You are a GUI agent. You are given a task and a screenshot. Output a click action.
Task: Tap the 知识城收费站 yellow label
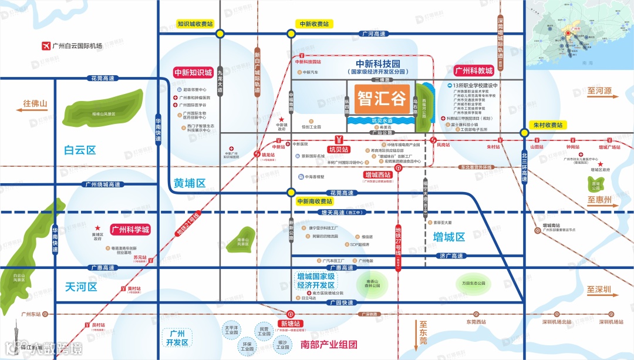pyautogui.click(x=195, y=24)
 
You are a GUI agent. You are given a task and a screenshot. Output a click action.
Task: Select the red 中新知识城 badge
pyautogui.click(x=193, y=73)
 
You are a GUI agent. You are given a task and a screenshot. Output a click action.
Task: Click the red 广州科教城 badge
pyautogui.click(x=474, y=71)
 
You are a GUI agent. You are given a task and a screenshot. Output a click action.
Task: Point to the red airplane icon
pyautogui.click(x=45, y=46)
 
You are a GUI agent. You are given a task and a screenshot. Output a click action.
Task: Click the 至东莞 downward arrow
pyautogui.click(x=422, y=331)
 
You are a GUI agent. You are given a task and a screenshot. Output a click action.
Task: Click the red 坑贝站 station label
pyautogui.click(x=339, y=149)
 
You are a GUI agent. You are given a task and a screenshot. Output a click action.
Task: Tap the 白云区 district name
pyautogui.click(x=80, y=150)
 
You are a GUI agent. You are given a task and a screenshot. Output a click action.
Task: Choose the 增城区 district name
pyautogui.click(x=449, y=237)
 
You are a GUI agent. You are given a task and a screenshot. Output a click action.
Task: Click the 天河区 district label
pyautogui.click(x=80, y=287)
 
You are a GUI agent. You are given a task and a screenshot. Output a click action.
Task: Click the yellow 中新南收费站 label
pyautogui.click(x=313, y=201)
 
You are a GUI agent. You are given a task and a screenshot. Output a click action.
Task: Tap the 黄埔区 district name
pyautogui.click(x=190, y=183)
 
